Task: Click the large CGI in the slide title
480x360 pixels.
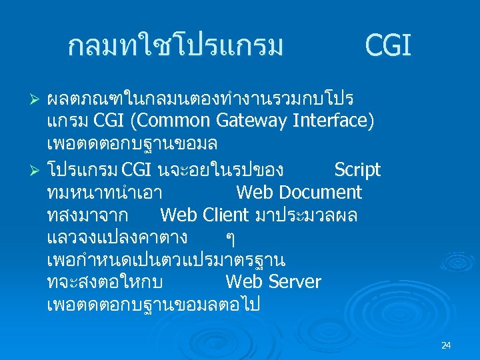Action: (x=388, y=47)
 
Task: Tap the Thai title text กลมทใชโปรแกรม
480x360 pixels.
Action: (x=176, y=47)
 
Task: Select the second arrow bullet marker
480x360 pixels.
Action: (x=37, y=171)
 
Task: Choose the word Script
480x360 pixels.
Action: (x=357, y=170)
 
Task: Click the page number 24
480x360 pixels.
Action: (x=446, y=345)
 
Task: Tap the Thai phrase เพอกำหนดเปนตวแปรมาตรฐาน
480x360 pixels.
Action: (x=166, y=259)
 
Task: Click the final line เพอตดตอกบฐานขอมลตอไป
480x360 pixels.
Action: (x=153, y=305)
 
